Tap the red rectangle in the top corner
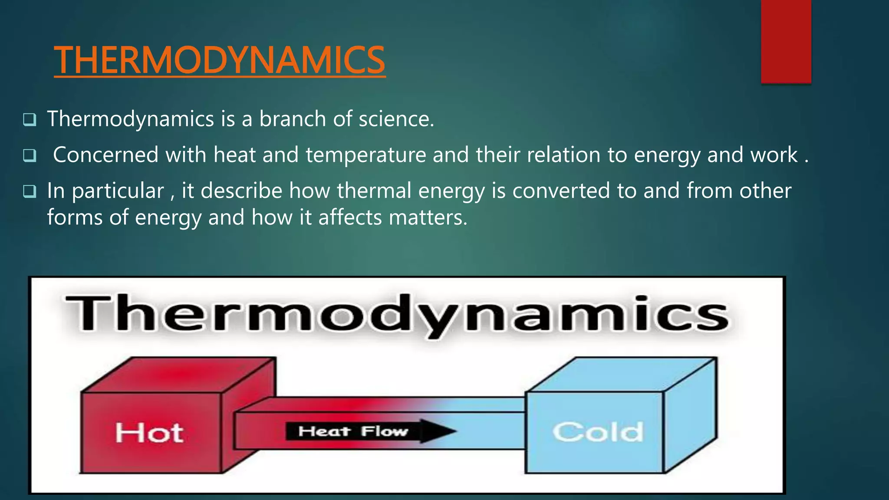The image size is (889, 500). [x=786, y=41]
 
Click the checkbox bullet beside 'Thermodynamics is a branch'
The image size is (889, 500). [x=30, y=119]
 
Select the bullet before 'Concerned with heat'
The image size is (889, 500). [x=30, y=155]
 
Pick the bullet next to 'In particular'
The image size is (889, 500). [x=30, y=191]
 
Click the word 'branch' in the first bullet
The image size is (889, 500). [x=292, y=119]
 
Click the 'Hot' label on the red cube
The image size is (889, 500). [x=149, y=433]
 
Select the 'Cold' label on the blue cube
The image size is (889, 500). [x=598, y=432]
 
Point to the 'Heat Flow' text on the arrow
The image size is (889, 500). [x=353, y=431]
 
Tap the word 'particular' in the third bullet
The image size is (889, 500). [x=118, y=191]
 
